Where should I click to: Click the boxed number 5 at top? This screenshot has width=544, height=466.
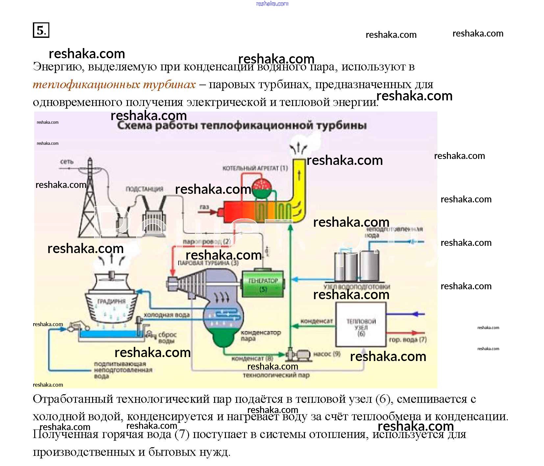[41, 30]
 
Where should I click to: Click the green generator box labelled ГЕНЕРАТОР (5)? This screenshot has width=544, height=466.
[263, 284]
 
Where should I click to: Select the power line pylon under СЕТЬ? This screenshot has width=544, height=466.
[89, 201]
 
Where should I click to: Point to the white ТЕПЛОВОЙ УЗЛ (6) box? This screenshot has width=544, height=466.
[361, 324]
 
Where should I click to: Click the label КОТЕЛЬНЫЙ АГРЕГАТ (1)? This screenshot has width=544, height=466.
[255, 168]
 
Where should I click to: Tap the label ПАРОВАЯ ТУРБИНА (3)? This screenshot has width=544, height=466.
[208, 263]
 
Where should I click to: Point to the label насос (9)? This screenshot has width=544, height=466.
[327, 354]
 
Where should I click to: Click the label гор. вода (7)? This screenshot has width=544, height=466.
[408, 340]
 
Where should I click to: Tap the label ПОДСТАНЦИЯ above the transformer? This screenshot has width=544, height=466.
[144, 189]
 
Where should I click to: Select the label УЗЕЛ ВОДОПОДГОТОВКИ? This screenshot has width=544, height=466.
[357, 287]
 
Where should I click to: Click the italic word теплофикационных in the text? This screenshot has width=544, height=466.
[86, 85]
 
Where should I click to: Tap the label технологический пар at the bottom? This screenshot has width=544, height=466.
[276, 375]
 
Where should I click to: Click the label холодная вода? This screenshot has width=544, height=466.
[166, 315]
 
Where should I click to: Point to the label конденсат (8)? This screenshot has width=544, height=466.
[252, 358]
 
